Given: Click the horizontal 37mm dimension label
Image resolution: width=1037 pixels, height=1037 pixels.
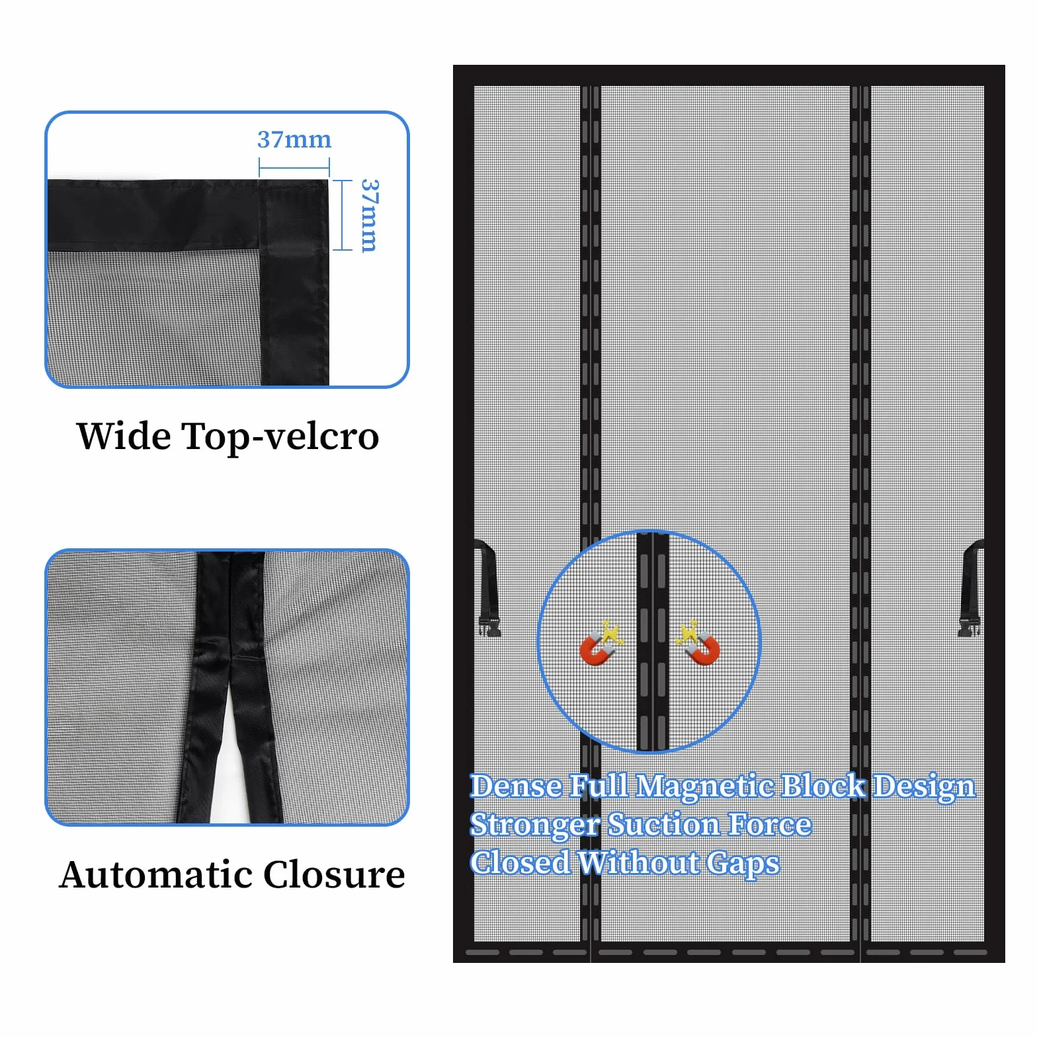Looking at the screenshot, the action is (x=294, y=140).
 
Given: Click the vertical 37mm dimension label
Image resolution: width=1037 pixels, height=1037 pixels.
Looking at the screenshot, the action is (x=370, y=216).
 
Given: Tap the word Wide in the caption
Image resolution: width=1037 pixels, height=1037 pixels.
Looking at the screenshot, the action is (x=124, y=436).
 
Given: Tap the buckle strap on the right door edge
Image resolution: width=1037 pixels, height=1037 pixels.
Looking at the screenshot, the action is (x=971, y=588).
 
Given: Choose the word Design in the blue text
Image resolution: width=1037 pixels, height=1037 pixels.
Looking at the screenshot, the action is (x=925, y=787).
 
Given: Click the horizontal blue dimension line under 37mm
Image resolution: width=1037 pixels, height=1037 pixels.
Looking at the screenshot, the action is (x=294, y=168).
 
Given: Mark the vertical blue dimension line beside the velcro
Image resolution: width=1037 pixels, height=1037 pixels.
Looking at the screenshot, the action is (x=343, y=216).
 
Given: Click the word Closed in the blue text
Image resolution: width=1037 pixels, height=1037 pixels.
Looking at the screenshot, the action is (x=520, y=863).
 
